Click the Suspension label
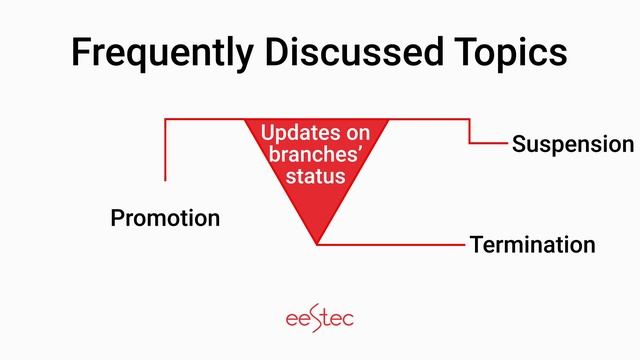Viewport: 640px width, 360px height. pos(572,144)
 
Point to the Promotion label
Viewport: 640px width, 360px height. pos(165,218)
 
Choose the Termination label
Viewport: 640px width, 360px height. pos(532,245)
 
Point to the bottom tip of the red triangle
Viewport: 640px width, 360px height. pos(316,242)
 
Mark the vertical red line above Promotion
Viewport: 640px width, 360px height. pos(165,150)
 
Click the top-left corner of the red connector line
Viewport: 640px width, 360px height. pos(165,119)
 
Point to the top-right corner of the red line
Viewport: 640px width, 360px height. pos(470,119)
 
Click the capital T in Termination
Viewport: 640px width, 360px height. pos(477,245)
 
